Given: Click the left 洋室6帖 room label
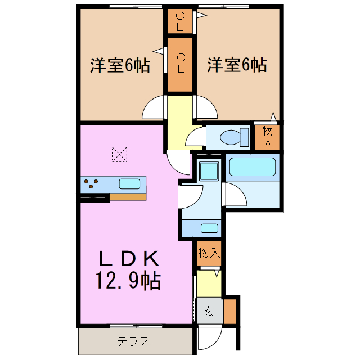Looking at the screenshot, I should (120, 65).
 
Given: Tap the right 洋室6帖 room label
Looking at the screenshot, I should (236, 65).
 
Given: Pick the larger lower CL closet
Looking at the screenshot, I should (180, 64).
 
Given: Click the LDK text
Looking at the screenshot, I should (130, 258).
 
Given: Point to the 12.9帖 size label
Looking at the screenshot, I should (130, 279).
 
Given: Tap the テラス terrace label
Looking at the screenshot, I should (133, 341).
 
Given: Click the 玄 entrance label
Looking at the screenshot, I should (209, 311).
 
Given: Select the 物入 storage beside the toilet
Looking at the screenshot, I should (268, 137).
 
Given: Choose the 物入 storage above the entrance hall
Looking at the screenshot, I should (209, 253).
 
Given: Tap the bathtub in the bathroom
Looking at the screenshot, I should (253, 167).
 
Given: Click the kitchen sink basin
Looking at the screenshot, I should (129, 183).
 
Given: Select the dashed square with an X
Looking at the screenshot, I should (119, 154).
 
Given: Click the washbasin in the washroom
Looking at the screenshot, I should (209, 228).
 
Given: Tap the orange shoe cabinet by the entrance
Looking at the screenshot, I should (229, 311).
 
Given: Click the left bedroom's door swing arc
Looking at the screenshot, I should (152, 110).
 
